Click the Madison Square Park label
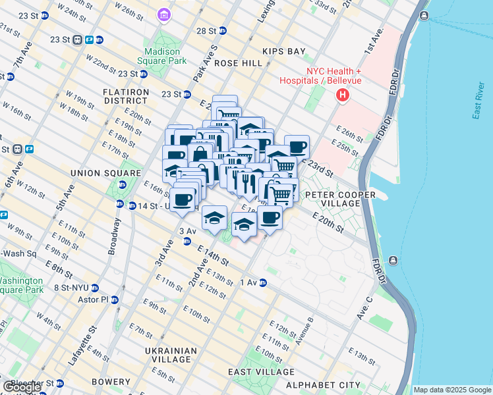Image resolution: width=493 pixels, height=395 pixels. (x=163, y=56)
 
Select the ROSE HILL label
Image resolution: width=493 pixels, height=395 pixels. (x=234, y=63)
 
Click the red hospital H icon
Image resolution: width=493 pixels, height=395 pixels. (x=342, y=96)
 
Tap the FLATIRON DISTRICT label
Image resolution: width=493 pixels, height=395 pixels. (x=125, y=96)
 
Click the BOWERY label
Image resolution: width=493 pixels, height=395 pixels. (x=111, y=382)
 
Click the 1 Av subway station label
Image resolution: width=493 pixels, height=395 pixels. (x=248, y=282)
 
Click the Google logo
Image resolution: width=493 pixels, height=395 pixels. (x=22, y=387)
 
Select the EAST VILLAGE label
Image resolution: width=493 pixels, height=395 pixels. (x=255, y=372)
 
